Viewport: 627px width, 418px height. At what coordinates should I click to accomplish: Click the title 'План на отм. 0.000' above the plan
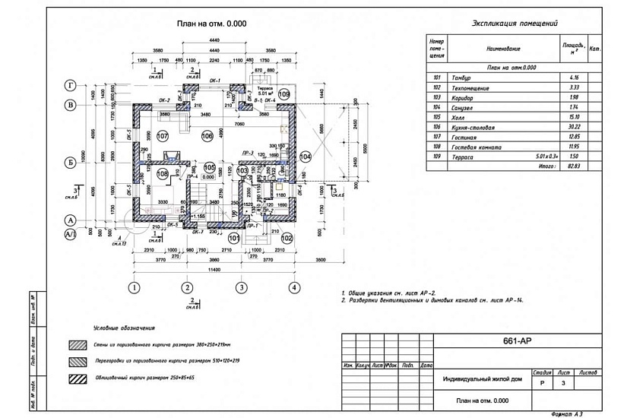tap(212, 24)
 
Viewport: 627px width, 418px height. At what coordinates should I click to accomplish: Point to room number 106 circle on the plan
tap(207, 135)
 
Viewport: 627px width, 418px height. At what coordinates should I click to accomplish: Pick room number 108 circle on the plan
tap(163, 173)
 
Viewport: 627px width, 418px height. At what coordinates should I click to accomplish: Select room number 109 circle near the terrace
tap(283, 94)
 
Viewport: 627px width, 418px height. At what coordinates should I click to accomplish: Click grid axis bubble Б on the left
tap(70, 161)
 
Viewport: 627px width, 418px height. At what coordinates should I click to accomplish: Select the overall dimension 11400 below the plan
tap(214, 269)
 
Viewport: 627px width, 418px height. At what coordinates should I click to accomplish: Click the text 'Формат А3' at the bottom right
tap(567, 413)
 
